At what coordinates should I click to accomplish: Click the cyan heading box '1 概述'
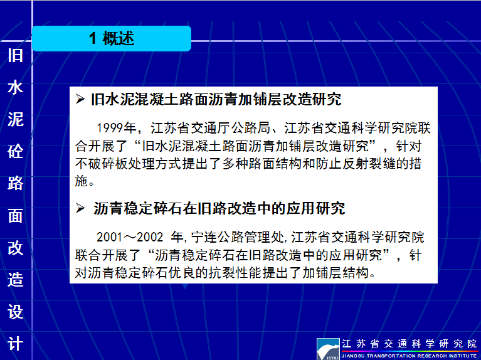point(112,38)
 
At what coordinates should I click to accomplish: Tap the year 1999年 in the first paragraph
point(116,128)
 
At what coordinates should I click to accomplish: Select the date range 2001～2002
point(130,237)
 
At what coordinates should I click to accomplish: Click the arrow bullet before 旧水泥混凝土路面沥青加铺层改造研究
point(80,99)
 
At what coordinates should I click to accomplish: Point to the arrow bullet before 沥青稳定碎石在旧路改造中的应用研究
point(80,208)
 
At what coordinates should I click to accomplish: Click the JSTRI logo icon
point(328,349)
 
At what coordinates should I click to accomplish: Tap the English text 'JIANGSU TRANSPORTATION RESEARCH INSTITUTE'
point(410,356)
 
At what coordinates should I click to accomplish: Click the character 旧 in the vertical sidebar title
point(15,55)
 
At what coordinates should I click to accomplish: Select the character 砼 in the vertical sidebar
point(15,151)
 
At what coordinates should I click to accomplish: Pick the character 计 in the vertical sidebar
point(15,344)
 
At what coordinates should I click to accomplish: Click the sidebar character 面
point(15,216)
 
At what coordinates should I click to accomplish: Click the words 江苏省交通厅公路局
point(210,128)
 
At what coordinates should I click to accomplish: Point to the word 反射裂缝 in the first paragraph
point(376,164)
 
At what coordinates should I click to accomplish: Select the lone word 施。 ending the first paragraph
point(85,181)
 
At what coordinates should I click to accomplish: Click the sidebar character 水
point(15,87)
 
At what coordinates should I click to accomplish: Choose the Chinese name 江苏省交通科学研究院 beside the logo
point(410,344)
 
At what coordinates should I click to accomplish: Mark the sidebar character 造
point(15,280)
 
